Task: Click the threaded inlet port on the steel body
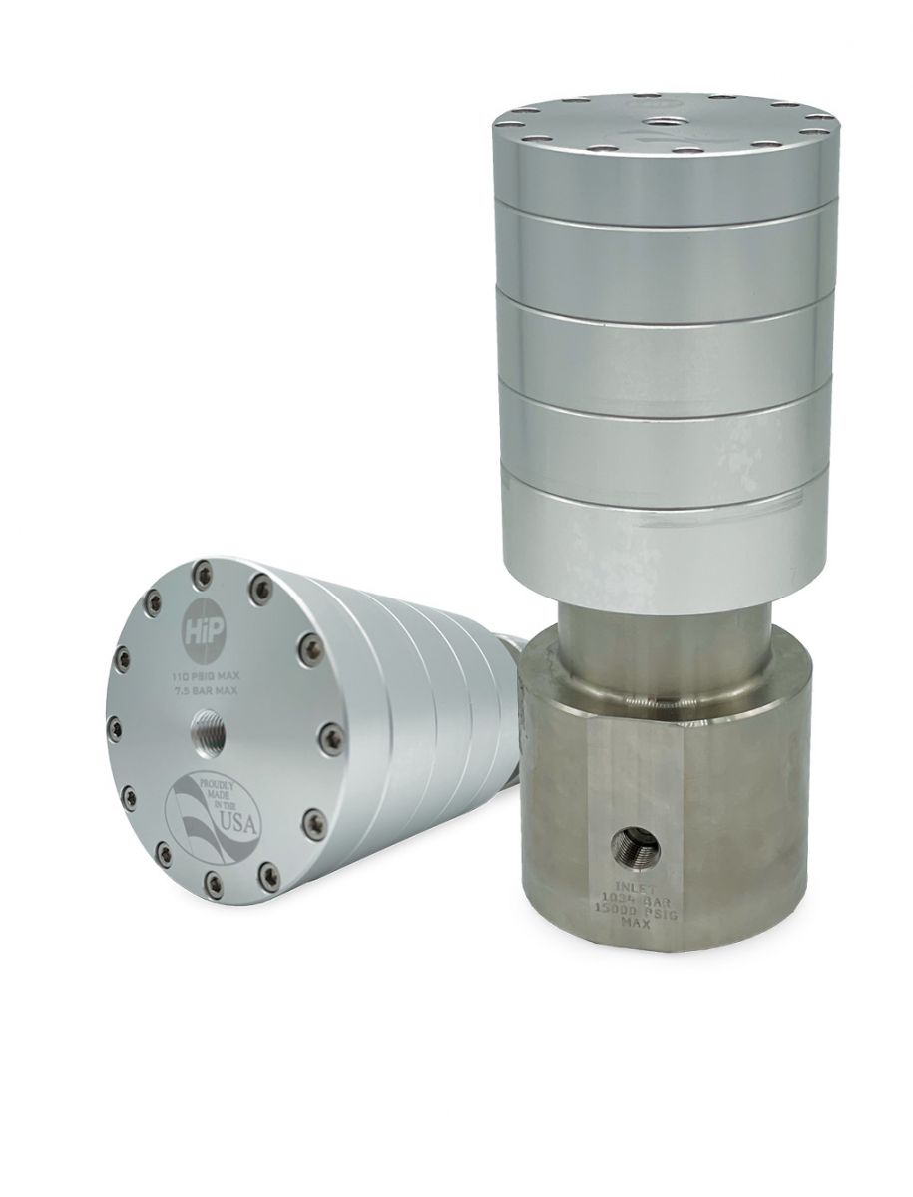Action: [x=635, y=843]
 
